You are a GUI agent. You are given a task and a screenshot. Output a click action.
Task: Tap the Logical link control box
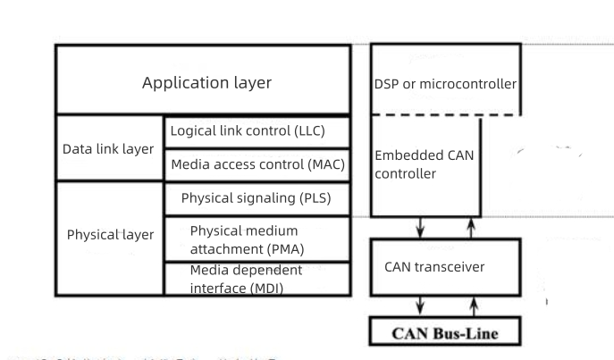tap(257, 131)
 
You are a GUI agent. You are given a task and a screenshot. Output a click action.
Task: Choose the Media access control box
tap(257, 164)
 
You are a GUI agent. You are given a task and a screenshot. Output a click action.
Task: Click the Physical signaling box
tap(257, 197)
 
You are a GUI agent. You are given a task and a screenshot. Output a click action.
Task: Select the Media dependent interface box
tap(257, 277)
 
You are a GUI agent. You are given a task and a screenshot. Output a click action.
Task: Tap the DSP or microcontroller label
tap(445, 85)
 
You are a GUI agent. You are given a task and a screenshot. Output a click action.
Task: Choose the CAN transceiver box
tap(445, 265)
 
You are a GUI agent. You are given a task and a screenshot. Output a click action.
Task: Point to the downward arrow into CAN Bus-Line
tap(421, 306)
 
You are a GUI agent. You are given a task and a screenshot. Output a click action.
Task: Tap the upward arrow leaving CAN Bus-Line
tap(470, 306)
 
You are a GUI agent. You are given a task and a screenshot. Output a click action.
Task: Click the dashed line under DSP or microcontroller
tap(445, 114)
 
